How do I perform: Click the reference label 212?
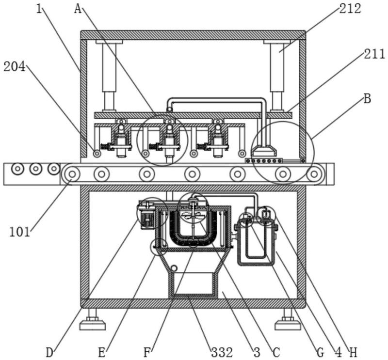(x=350, y=8)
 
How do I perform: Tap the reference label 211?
(x=374, y=54)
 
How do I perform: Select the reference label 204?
(x=15, y=67)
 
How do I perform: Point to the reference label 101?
(x=19, y=232)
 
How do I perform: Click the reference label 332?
(x=222, y=352)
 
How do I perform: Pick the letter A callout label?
(x=78, y=9)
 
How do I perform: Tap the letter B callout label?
(x=368, y=98)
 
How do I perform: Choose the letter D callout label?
(x=50, y=352)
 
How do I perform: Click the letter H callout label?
(x=353, y=352)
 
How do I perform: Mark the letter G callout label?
(x=321, y=352)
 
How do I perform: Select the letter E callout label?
(x=102, y=352)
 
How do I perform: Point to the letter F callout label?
(x=147, y=352)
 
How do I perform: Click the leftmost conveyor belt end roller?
(x=72, y=174)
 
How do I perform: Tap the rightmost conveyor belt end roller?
(x=314, y=174)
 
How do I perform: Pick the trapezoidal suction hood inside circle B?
(x=264, y=151)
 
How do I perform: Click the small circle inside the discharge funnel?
(x=174, y=268)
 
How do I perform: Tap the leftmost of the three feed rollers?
(x=17, y=169)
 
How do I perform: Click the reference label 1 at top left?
(x=39, y=9)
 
